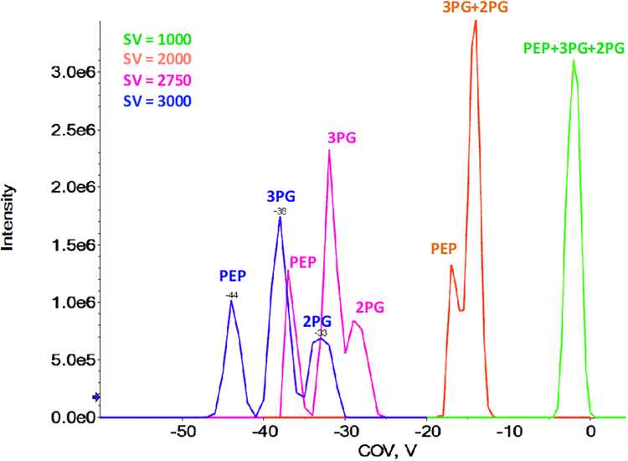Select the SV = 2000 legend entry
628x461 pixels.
click(x=157, y=60)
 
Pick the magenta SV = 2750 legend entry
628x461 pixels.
click(x=157, y=80)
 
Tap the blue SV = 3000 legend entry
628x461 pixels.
click(x=157, y=101)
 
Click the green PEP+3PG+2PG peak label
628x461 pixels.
click(x=572, y=49)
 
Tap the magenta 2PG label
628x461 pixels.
click(x=368, y=308)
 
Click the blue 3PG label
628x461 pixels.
click(x=280, y=196)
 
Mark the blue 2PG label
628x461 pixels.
click(x=318, y=320)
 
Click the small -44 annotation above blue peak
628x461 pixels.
click(x=231, y=294)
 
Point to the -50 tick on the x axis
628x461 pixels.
click(x=183, y=433)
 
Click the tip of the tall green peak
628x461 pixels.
click(x=574, y=60)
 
